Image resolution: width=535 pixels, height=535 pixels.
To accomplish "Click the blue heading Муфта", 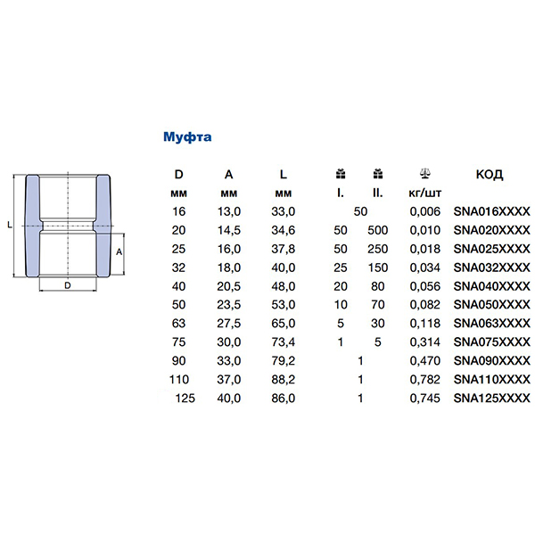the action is point(187,136).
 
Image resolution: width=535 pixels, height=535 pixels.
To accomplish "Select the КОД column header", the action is point(490,175).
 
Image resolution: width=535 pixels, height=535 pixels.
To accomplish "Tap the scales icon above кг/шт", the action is point(424,174).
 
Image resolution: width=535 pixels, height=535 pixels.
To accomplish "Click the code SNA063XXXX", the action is point(491,323).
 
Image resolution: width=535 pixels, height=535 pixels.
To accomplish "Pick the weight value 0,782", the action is point(424,380).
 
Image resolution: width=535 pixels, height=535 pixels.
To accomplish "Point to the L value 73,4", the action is point(284,342).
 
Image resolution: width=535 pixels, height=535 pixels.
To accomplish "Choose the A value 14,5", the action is point(229,230).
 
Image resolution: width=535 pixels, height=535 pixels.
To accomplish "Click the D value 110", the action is point(179,380).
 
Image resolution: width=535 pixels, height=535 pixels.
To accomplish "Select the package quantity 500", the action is point(378,230).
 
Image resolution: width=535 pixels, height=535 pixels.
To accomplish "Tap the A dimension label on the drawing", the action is point(119,252).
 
